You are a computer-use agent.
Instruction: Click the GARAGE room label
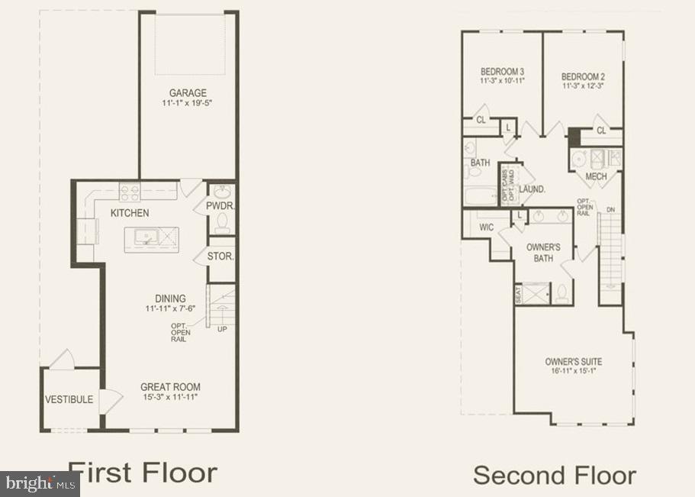click(188, 93)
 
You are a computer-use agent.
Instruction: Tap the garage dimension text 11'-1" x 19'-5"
click(188, 103)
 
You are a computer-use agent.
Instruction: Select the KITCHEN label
click(130, 213)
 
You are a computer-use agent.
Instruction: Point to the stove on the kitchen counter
click(130, 192)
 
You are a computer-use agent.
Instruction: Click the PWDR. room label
click(220, 206)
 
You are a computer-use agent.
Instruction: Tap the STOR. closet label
click(220, 257)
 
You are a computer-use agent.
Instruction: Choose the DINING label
click(169, 299)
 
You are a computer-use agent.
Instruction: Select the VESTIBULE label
click(69, 399)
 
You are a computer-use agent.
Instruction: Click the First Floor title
click(143, 472)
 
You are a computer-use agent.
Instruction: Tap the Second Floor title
click(555, 475)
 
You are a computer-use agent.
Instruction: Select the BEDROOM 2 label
click(583, 76)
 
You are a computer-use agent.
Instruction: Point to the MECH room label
click(596, 177)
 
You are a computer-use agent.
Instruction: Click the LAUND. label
click(532, 189)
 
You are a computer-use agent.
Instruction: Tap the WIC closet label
click(487, 227)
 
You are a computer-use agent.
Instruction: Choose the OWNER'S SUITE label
click(573, 361)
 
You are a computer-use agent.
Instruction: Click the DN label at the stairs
click(610, 209)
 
